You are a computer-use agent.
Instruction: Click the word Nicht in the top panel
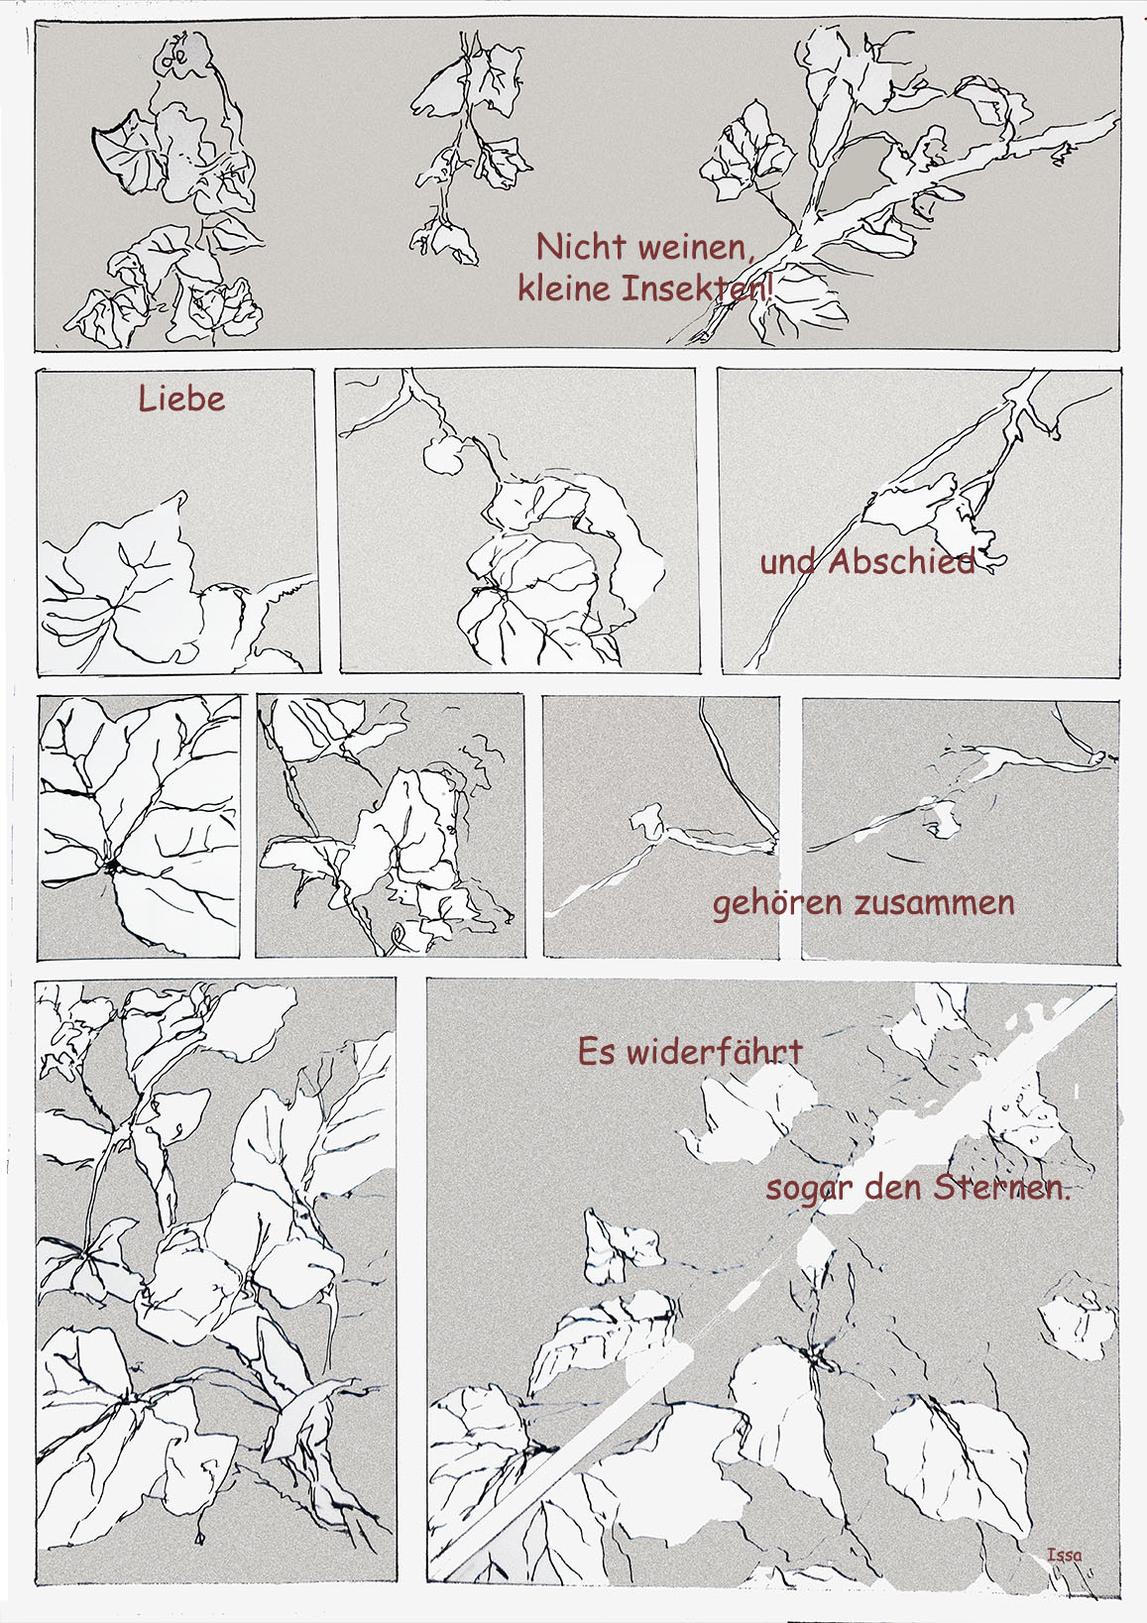pyautogui.click(x=581, y=247)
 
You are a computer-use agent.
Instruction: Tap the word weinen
pyautogui.click(x=697, y=249)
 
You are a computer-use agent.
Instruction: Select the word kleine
pyautogui.click(x=564, y=289)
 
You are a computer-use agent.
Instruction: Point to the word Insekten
pyautogui.click(x=698, y=289)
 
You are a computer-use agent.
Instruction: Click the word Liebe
pyautogui.click(x=181, y=399)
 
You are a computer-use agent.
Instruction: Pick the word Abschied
pyautogui.click(x=902, y=561)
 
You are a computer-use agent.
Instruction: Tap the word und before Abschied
pyautogui.click(x=788, y=563)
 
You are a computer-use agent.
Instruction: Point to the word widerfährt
pyautogui.click(x=715, y=1052)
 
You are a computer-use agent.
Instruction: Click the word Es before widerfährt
pyautogui.click(x=597, y=1052)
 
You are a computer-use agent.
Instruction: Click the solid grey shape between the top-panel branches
pyautogui.click(x=854, y=173)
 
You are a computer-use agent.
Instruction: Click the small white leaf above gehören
pyautogui.click(x=944, y=820)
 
